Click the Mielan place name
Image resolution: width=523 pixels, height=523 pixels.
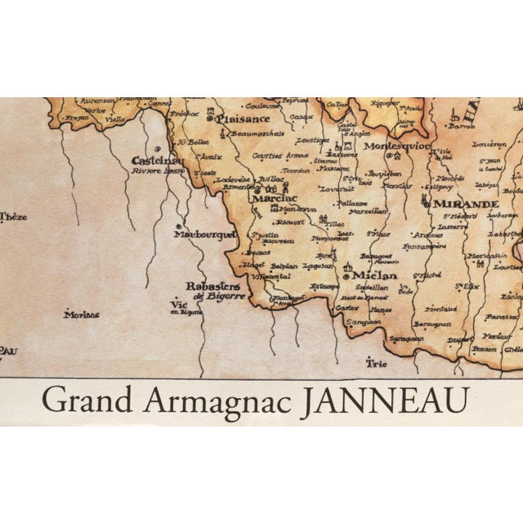pyautogui.click(x=374, y=275)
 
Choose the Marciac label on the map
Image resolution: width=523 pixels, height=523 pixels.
pyautogui.click(x=275, y=198)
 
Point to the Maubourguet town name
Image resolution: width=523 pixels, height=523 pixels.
pyautogui.click(x=204, y=234)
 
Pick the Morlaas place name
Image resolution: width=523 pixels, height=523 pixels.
pyautogui.click(x=81, y=314)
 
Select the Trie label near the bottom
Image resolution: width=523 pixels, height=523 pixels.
pyautogui.click(x=376, y=363)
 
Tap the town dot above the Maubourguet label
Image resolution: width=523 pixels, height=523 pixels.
pyautogui.click(x=177, y=221)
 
